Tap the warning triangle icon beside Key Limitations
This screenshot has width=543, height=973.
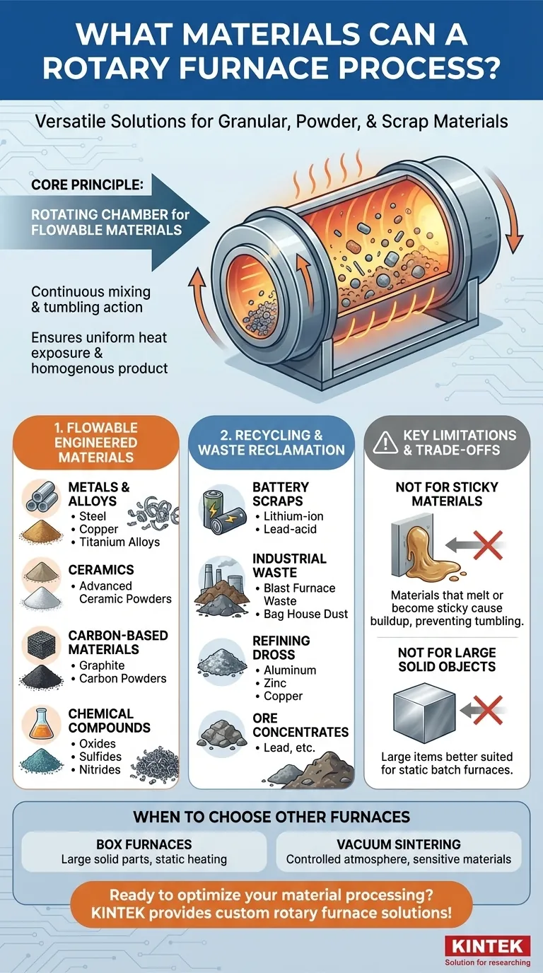point(385,443)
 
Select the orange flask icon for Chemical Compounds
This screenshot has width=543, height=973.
point(42,723)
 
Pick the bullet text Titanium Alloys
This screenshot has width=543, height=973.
point(119,542)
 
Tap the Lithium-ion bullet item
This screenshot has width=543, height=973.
point(293,516)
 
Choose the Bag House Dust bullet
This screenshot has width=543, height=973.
point(306,614)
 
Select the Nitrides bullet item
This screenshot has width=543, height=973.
point(100,769)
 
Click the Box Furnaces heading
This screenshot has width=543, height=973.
point(144,844)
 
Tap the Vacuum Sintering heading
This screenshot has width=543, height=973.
point(398,844)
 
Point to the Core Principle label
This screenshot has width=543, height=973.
point(87,185)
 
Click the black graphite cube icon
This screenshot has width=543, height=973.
point(41,645)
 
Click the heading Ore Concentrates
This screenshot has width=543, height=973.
point(300,725)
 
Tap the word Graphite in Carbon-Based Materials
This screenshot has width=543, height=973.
point(102,665)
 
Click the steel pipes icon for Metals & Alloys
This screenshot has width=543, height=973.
point(41,496)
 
